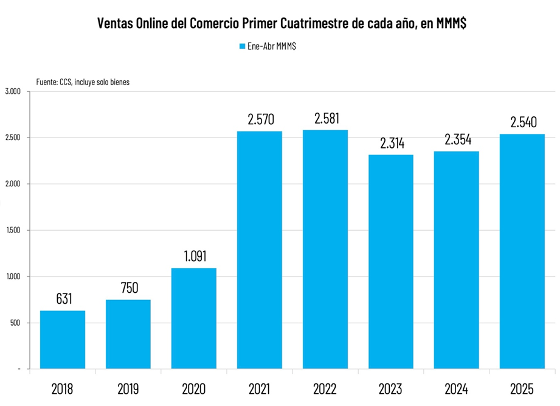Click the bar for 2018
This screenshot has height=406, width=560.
(x=63, y=340)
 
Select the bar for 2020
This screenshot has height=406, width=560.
(x=194, y=318)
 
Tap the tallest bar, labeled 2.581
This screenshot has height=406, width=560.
(x=325, y=250)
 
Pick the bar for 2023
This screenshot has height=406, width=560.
(x=391, y=262)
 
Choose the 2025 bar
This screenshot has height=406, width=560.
(x=522, y=251)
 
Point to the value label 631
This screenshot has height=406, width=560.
(x=63, y=299)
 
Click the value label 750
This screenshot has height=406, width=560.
(x=128, y=288)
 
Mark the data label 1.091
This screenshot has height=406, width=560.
(x=194, y=256)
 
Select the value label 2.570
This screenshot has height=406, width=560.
(x=260, y=119)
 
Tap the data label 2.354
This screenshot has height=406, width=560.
(x=457, y=139)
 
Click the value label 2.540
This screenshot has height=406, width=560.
(x=522, y=122)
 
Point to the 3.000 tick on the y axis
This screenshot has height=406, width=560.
(x=13, y=91)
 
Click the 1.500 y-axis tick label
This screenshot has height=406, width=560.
(x=13, y=230)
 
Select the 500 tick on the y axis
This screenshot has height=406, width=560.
(x=15, y=323)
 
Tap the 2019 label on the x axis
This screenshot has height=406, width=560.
(x=128, y=388)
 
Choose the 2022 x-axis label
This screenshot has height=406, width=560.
(x=325, y=388)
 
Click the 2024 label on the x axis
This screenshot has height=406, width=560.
(x=457, y=388)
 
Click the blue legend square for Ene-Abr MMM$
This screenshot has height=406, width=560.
(x=241, y=46)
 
